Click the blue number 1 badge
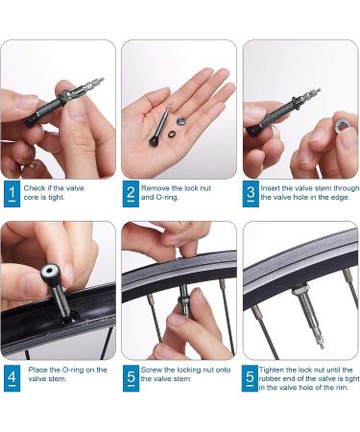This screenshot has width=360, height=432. coord(12,194)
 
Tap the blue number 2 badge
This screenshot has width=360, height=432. coord(131,194)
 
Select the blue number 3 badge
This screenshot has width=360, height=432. coord(251,194)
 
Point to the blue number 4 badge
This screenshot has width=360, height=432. coord(12,378)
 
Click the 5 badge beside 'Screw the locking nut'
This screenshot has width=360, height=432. coord(131,378)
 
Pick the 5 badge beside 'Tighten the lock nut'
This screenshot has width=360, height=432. coord(250,378)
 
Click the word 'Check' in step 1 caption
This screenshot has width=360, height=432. coord(35,188)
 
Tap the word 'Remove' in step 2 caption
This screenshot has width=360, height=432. coord(156,188)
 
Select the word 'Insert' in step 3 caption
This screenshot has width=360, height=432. coord(270,188)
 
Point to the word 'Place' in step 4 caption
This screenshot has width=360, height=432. coord(37,370)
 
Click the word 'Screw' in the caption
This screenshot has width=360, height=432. coord(152,370)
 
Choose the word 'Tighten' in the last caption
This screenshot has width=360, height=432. coord(272,370)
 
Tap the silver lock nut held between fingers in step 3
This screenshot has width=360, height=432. coord(342,126)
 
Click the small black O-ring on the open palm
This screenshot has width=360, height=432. coord(172,132)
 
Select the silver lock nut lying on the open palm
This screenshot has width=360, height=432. coord(181,121)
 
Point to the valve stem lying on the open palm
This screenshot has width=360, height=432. coord(159,126)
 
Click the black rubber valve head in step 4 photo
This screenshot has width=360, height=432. coord(50,273)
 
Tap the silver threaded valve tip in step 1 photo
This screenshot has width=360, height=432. coord(96,84)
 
